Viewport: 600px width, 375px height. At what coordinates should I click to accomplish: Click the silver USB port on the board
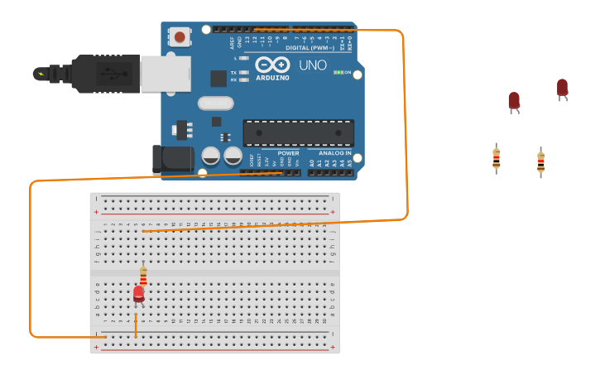pos(166,74)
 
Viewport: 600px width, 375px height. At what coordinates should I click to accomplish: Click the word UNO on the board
pos(312,65)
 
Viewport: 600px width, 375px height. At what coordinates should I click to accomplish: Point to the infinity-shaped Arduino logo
pos(271,65)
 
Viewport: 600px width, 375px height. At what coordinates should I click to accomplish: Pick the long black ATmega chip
pos(298,132)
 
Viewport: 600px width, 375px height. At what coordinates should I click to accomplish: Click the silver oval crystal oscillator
pos(215,103)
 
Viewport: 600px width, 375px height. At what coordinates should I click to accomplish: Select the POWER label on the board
pos(288,153)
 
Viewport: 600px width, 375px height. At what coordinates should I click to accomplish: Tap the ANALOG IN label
pos(334,153)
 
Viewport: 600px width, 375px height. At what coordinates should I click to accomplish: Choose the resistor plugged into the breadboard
pos(143,275)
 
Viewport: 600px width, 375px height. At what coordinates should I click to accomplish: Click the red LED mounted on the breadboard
pos(138,294)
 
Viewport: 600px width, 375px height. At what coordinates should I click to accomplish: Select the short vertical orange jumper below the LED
pos(136,324)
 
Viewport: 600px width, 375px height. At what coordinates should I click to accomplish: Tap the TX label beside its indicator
pos(233,73)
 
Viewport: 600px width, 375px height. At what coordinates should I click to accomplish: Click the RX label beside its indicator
pos(233,80)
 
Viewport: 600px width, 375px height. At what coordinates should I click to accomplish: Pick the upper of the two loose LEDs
pos(562,88)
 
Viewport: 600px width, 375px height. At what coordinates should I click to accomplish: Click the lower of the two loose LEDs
pos(514,101)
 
